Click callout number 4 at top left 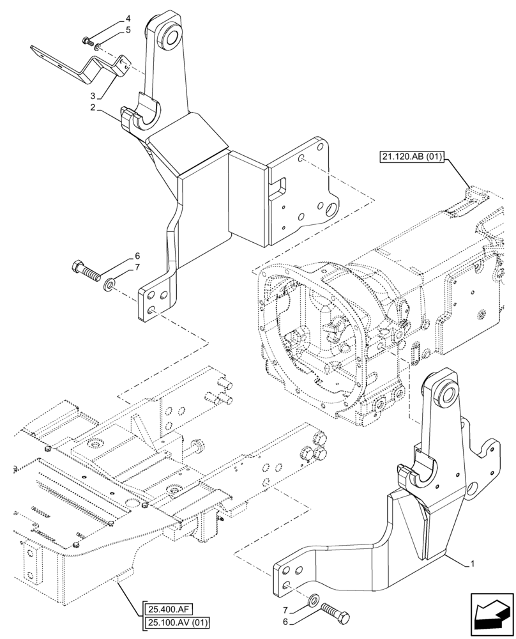128,19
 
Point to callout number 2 93,108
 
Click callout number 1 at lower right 471,564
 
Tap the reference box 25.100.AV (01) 178,622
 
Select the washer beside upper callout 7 110,282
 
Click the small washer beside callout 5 96,45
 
